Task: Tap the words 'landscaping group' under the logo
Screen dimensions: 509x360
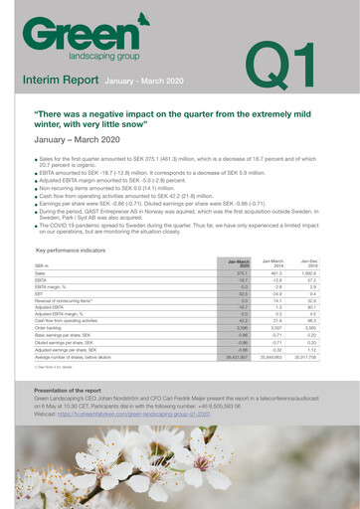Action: point(108,55)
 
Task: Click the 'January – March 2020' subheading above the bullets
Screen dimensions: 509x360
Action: point(80,142)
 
